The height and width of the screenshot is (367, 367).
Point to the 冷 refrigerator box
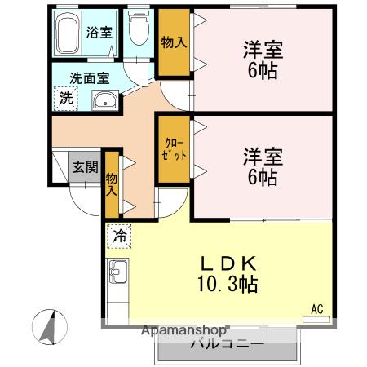(119, 236)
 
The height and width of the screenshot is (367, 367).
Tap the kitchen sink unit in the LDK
(117, 270)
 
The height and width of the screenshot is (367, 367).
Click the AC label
(317, 308)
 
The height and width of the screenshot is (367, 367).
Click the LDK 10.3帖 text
(230, 274)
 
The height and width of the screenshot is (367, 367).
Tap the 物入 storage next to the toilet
(171, 42)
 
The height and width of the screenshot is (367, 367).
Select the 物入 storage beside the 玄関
(112, 186)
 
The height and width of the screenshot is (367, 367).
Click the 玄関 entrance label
(85, 168)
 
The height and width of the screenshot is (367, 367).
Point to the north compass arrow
(50, 327)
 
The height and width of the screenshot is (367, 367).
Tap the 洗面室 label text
(88, 78)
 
